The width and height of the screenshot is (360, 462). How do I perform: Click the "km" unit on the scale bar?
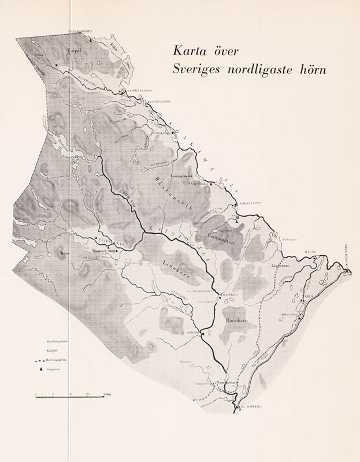point(106,393)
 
